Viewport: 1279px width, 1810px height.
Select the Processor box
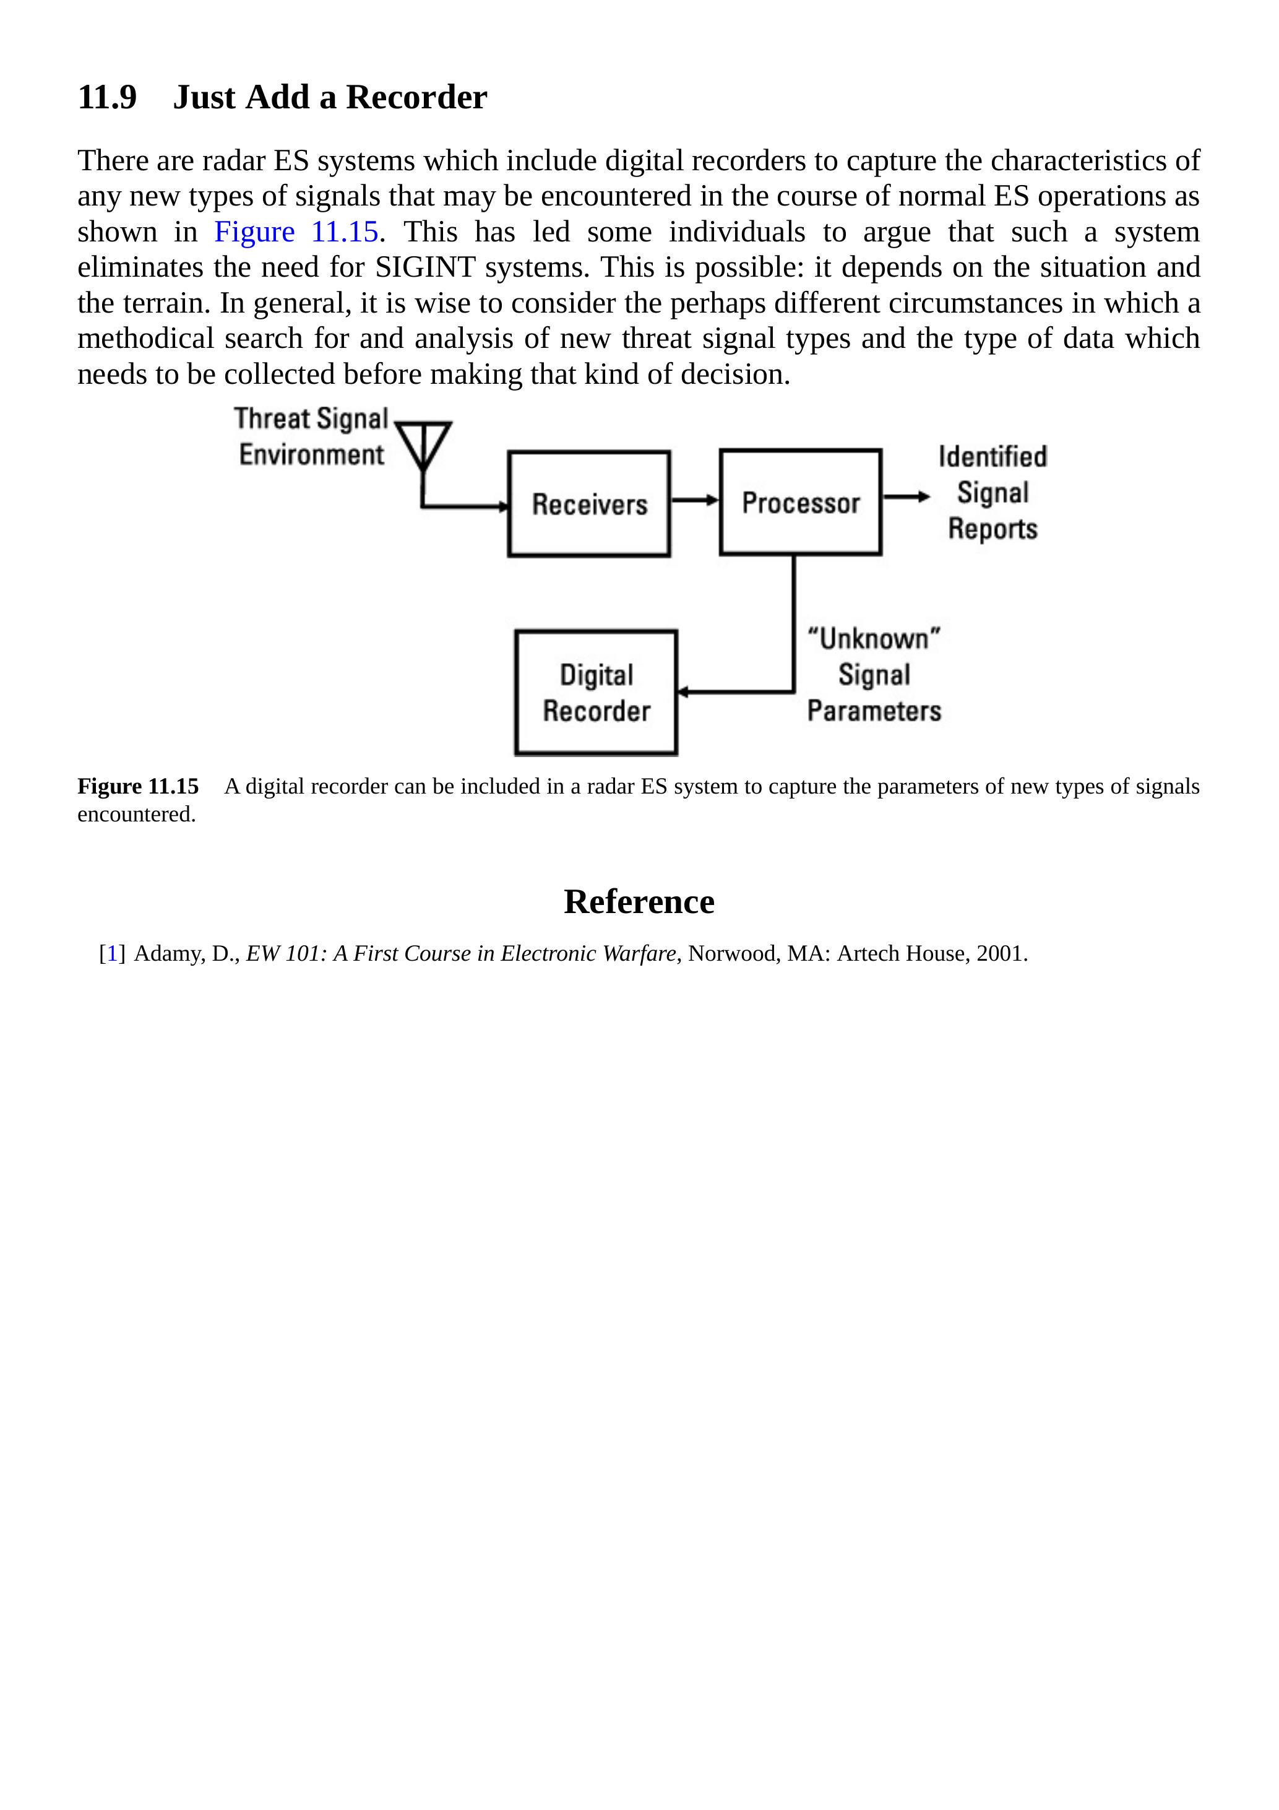(x=800, y=502)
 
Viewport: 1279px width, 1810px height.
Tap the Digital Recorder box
(x=596, y=692)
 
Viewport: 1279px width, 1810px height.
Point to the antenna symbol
(x=423, y=446)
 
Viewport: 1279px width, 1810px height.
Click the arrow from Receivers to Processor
(x=694, y=500)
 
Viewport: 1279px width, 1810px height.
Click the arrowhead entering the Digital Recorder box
(x=683, y=692)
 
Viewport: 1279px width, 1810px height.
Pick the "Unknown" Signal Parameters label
(x=874, y=675)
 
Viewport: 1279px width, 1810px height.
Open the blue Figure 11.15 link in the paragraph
(x=296, y=232)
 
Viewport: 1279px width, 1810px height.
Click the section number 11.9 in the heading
(x=107, y=98)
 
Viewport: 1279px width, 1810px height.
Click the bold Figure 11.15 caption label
(x=138, y=786)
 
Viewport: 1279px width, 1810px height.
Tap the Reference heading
(x=639, y=901)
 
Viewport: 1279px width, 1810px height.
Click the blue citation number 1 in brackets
(x=112, y=953)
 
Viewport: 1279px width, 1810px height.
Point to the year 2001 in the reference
(x=999, y=953)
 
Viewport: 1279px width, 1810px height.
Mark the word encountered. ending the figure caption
(x=136, y=815)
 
